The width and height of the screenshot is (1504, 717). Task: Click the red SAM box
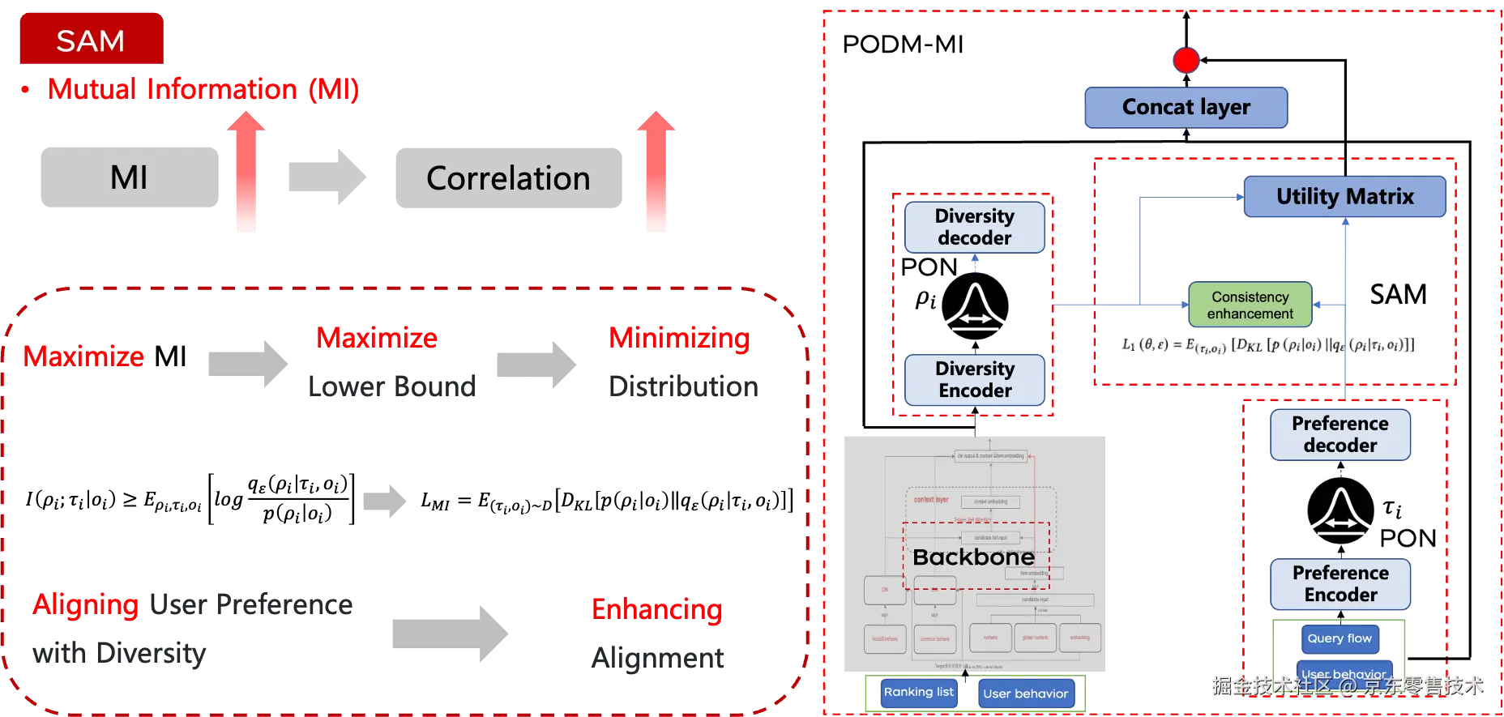[x=92, y=39]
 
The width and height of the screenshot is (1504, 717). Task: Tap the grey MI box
[x=130, y=177]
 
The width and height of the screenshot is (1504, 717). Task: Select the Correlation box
[x=508, y=178]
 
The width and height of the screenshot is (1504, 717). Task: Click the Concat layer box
[x=1186, y=107]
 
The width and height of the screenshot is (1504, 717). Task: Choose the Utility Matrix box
[x=1344, y=197]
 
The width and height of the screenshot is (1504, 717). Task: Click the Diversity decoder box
[x=974, y=227]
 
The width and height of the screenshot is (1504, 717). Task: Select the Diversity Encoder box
[x=975, y=379]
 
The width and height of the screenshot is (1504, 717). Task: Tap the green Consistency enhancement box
[x=1250, y=305]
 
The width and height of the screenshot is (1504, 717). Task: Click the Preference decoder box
[x=1340, y=434]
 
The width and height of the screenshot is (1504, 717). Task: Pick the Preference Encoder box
[x=1340, y=583]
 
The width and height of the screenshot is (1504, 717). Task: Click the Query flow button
[x=1339, y=638]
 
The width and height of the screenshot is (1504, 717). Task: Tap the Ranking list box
[x=919, y=693]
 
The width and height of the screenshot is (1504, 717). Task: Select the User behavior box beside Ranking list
[x=1026, y=694]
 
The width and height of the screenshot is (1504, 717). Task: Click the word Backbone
[x=973, y=557]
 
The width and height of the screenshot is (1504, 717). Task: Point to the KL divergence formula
[x=1269, y=345]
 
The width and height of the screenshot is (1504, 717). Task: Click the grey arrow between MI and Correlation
[x=327, y=176]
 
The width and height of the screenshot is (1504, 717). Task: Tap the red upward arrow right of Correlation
[x=656, y=173]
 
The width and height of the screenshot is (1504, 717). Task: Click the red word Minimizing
[x=679, y=339]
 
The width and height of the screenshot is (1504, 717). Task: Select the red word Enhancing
[x=657, y=609]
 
